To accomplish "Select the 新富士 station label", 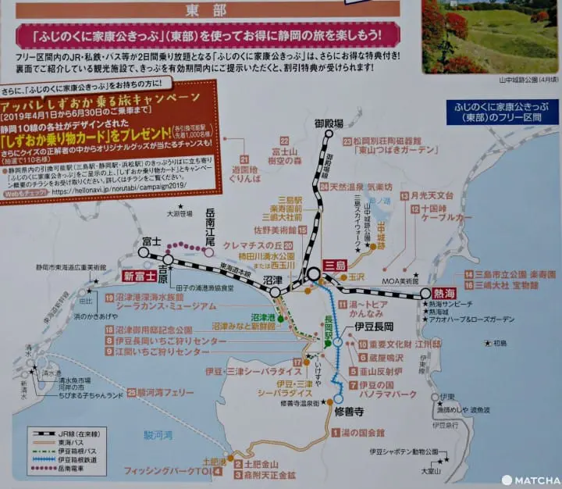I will (x=140, y=275).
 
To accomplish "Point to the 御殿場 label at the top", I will (x=329, y=124).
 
